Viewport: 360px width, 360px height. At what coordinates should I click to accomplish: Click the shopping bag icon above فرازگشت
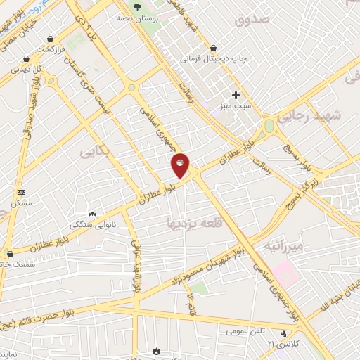click(50, 39)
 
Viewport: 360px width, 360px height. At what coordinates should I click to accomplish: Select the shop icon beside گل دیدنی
click(26, 58)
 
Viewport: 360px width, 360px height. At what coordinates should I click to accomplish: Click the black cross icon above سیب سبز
click(236, 94)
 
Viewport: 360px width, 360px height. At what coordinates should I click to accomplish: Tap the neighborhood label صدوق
click(252, 20)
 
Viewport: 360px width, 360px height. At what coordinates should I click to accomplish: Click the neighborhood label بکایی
click(94, 152)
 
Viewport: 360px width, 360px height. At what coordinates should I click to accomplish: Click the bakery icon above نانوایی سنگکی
click(92, 214)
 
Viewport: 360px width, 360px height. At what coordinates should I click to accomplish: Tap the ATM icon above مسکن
click(20, 191)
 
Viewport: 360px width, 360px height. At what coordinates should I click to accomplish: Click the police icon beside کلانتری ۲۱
click(283, 334)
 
